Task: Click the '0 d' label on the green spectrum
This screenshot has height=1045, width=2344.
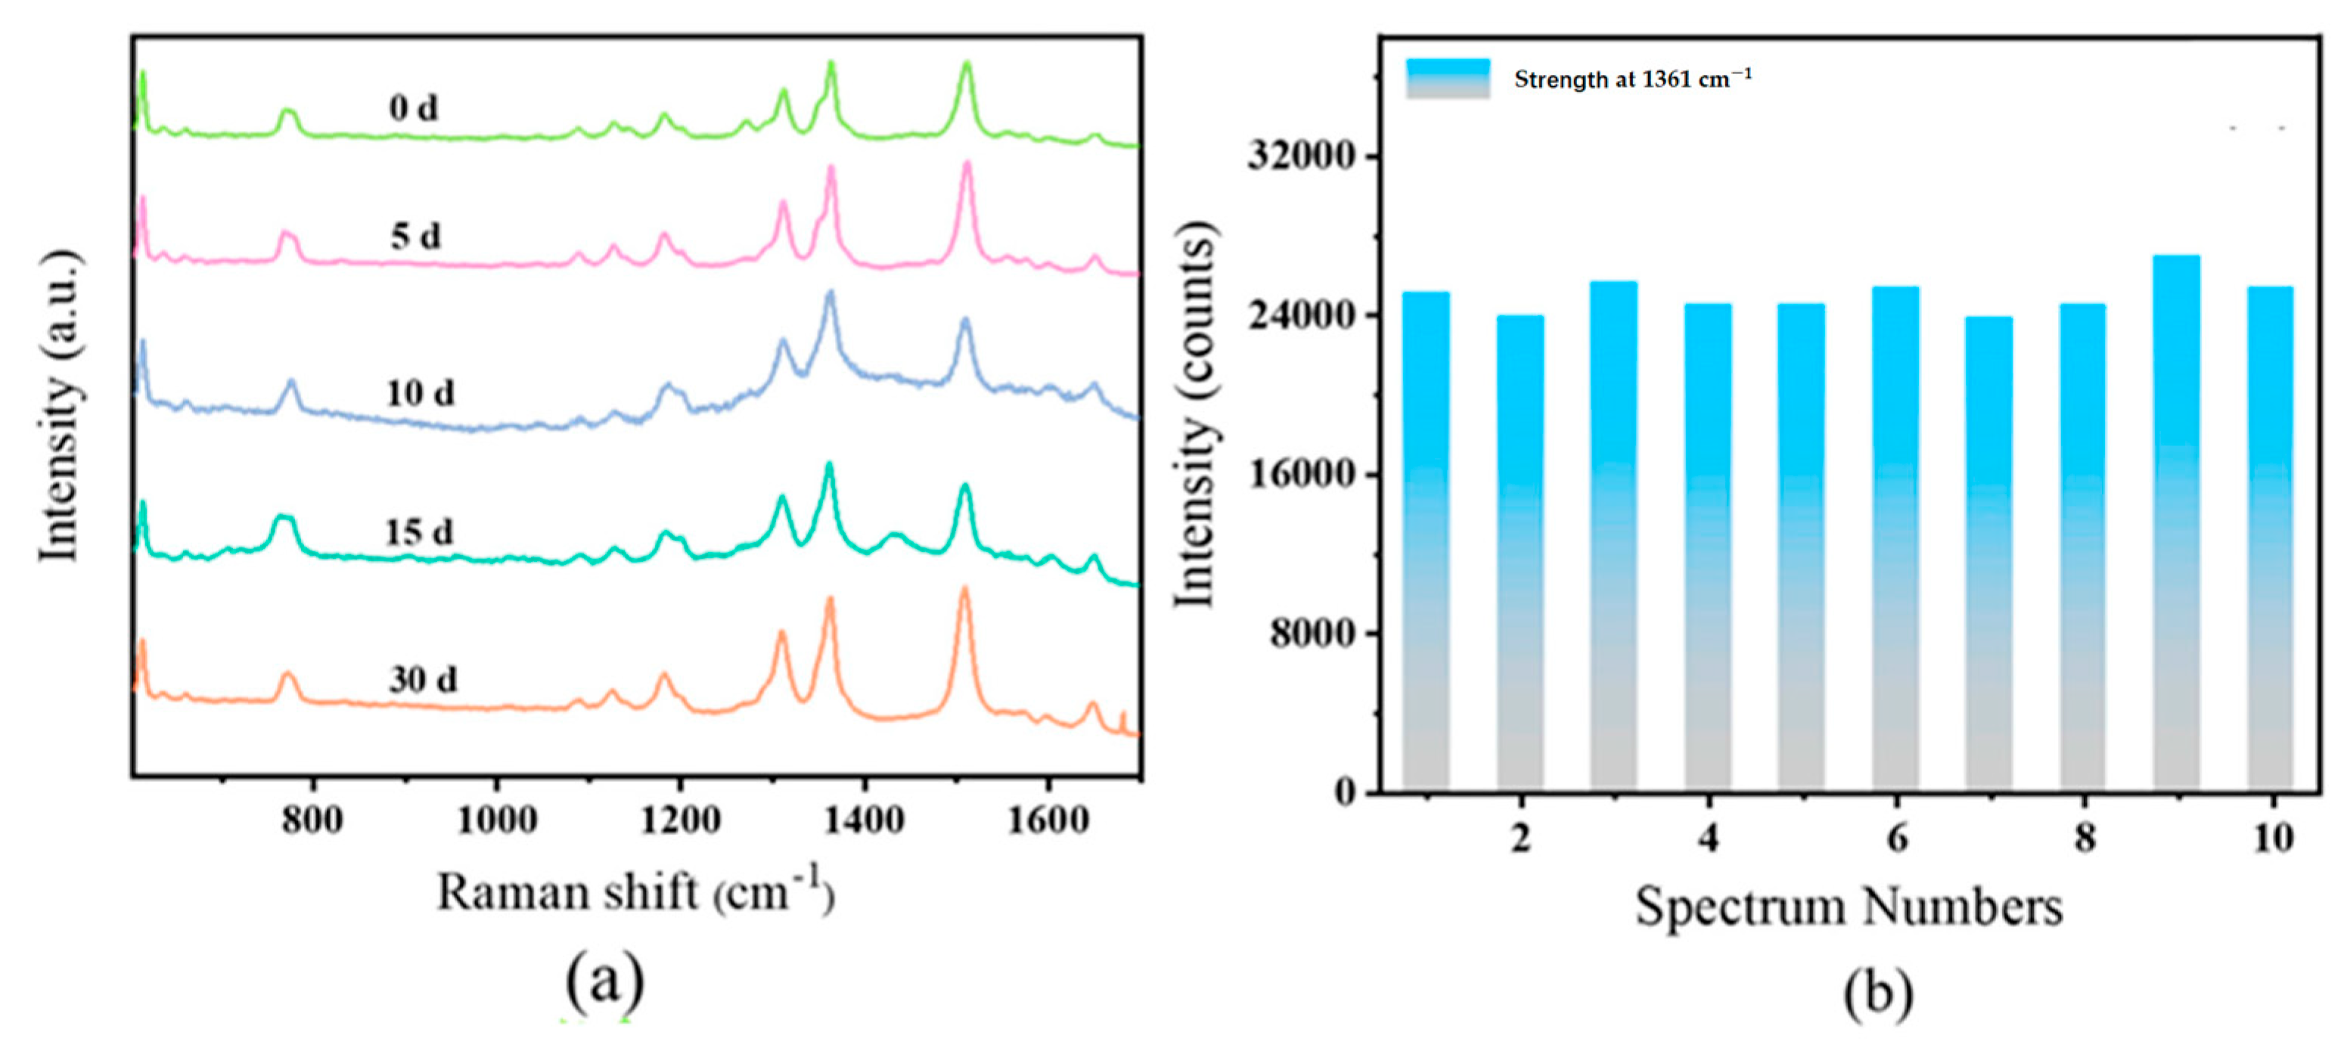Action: tap(413, 108)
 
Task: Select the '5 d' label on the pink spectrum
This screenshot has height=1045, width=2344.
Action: tap(416, 237)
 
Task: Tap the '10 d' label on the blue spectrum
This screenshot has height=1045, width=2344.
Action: tap(420, 393)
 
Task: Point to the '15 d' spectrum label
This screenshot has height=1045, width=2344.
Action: tap(418, 531)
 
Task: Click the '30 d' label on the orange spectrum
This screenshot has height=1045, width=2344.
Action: tap(423, 679)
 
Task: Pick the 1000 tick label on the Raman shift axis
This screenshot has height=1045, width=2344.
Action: tap(496, 820)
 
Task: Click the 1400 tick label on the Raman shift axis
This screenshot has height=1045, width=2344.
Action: tap(864, 820)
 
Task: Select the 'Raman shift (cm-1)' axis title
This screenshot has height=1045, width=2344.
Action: tap(635, 892)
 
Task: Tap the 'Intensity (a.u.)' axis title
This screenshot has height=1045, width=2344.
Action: tap(60, 405)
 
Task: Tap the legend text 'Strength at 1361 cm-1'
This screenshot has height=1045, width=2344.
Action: tap(1632, 79)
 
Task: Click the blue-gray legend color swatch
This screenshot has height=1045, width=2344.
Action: tap(1448, 78)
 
